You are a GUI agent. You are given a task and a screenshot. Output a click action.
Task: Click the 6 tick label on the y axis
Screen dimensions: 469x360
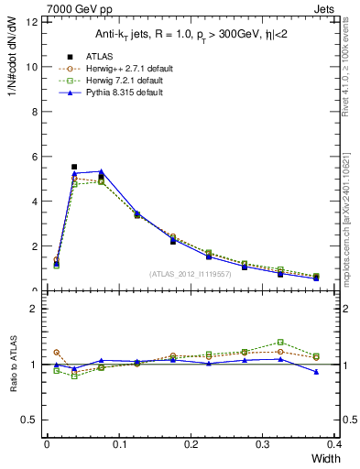(x=34, y=157)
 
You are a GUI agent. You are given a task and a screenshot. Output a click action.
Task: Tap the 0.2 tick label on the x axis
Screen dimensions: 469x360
(x=191, y=445)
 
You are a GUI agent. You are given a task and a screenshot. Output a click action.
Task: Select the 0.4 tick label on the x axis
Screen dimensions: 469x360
(x=334, y=445)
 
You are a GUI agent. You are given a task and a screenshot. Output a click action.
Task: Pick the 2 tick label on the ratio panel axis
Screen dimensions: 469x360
(x=34, y=309)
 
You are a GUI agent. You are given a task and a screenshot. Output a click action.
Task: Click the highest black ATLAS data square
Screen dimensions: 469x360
(x=74, y=167)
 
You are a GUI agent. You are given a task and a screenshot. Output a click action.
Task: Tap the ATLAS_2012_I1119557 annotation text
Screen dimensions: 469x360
(x=191, y=274)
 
